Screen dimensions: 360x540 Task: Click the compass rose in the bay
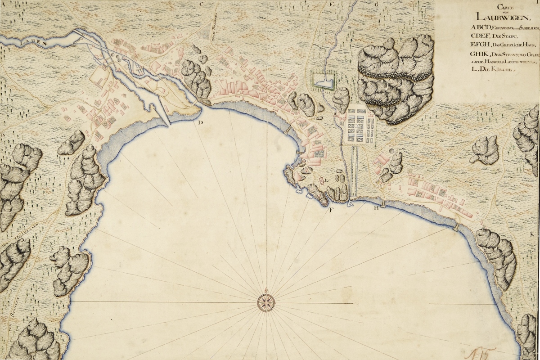[266, 302]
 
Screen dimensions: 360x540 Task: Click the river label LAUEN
[27, 40]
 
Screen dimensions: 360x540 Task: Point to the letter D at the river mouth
[200, 122]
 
